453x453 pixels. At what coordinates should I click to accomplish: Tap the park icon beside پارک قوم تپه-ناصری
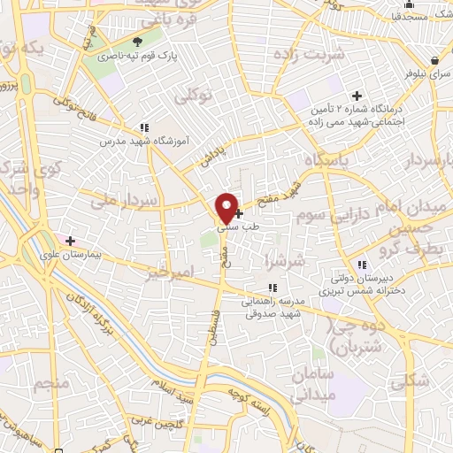pos(137,42)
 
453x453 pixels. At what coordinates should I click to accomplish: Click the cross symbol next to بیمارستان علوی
pos(69,240)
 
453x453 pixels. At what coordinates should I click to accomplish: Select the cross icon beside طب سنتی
pos(239,212)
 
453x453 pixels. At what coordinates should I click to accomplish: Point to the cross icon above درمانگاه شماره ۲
pos(357,95)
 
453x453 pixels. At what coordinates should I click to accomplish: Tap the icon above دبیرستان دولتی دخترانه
pos(361,265)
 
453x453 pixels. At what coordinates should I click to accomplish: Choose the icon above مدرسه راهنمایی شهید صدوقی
pos(273,287)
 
